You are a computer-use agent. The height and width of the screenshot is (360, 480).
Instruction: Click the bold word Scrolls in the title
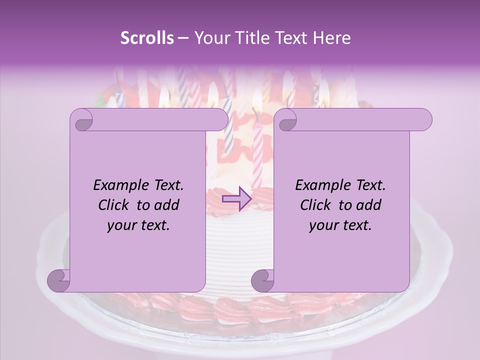pyautogui.click(x=147, y=38)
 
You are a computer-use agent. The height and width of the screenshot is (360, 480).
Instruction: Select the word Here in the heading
pyautogui.click(x=332, y=38)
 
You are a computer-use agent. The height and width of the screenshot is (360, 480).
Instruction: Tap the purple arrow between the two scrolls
pyautogui.click(x=237, y=199)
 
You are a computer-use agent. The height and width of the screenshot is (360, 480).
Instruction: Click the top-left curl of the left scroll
pyautogui.click(x=82, y=120)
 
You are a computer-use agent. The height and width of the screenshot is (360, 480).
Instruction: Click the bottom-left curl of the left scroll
pyautogui.click(x=59, y=280)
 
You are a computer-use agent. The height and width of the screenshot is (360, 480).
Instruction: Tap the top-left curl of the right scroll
pyautogui.click(x=286, y=120)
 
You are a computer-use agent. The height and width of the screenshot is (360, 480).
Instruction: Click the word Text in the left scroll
pyautogui.click(x=167, y=185)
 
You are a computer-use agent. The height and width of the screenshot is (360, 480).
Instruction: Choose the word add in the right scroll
pyautogui.click(x=369, y=205)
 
